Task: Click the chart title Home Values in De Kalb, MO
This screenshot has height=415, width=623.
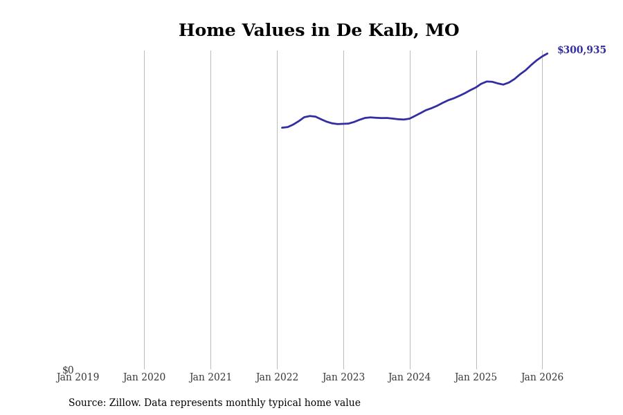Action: [318, 31]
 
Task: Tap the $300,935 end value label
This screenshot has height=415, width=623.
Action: [581, 50]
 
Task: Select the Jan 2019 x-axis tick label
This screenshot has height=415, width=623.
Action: [78, 378]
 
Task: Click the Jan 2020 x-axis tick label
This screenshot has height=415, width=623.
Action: [144, 378]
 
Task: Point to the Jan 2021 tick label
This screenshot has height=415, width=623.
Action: [210, 378]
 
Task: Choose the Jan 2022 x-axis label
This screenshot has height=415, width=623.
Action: [277, 378]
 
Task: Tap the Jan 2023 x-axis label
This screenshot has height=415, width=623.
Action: [343, 378]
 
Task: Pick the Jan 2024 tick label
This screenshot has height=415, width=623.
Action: [409, 378]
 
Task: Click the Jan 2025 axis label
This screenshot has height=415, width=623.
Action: [476, 378]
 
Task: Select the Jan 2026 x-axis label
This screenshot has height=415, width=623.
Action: [542, 378]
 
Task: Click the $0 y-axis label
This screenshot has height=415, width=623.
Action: [68, 370]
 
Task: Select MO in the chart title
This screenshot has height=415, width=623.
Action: [442, 31]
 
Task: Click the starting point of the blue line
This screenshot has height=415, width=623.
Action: [282, 127]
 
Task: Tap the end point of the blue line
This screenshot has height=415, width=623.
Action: [547, 53]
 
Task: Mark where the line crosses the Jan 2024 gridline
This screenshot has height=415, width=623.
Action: [410, 118]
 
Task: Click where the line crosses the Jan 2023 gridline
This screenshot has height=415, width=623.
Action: [343, 124]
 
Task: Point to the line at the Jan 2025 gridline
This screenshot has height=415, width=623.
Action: [476, 86]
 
